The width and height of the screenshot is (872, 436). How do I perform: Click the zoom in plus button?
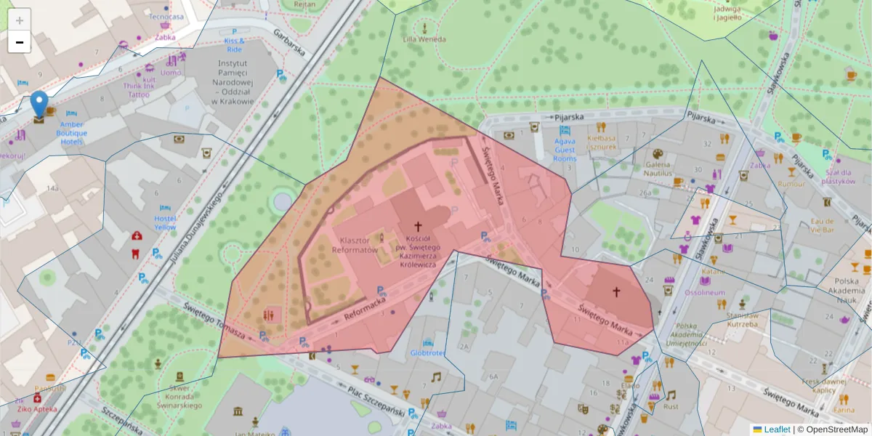click(20, 20)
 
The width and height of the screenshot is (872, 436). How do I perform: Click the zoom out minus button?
click(20, 42)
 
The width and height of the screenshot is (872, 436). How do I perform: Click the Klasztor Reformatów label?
click(358, 245)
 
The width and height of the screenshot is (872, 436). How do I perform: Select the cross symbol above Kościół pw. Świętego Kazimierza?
click(418, 227)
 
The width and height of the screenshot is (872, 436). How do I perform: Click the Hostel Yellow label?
click(165, 222)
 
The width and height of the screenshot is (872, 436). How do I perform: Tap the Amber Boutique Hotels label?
click(72, 133)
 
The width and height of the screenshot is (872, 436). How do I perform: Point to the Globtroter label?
click(427, 353)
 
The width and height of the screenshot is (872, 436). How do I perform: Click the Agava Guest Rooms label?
click(565, 150)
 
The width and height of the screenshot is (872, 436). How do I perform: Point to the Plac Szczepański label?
click(375, 400)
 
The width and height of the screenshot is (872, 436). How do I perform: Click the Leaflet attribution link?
click(776, 429)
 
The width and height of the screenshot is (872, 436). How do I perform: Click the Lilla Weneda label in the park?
click(424, 39)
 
